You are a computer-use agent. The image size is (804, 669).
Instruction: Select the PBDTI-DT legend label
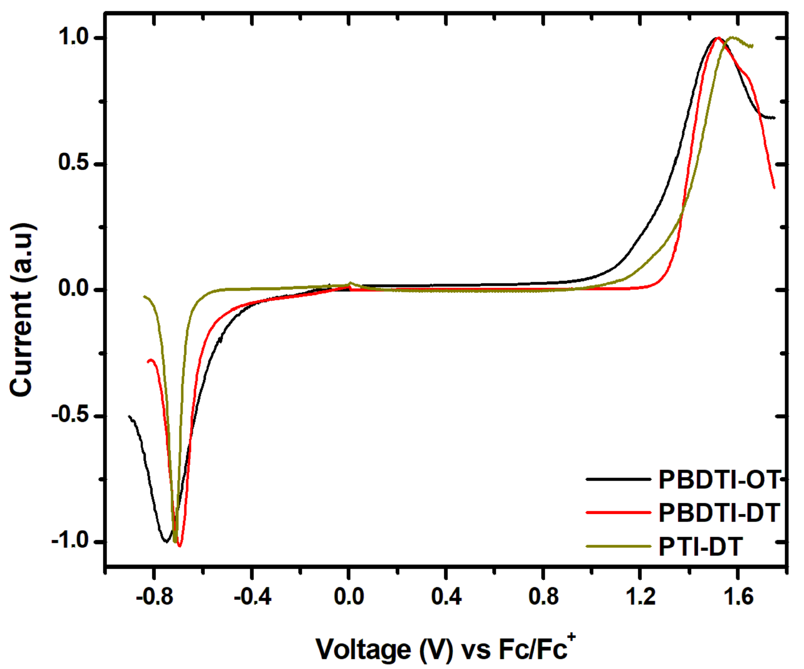[x=719, y=513]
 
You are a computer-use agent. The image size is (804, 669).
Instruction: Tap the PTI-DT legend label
[x=701, y=546]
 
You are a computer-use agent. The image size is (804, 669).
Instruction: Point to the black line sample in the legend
[x=618, y=479]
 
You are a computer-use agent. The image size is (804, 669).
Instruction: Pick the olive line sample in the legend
[x=618, y=546]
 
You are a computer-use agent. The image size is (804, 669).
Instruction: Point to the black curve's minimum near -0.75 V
[x=166, y=541]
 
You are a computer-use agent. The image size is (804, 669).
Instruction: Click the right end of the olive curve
[x=752, y=46]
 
